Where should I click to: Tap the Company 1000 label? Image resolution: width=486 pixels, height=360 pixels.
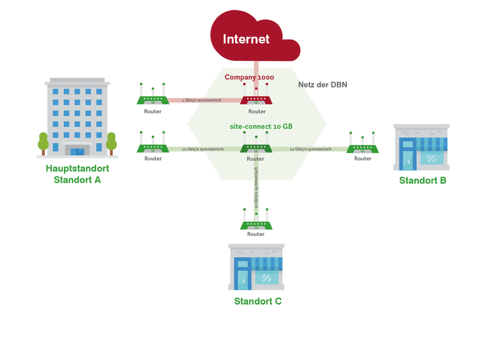pos(249,77)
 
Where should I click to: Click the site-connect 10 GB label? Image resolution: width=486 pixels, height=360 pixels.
pos(261,126)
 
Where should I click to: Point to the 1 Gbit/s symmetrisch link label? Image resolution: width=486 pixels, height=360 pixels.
pos(202,100)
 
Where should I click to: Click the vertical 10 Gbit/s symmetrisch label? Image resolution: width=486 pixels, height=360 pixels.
pos(256,187)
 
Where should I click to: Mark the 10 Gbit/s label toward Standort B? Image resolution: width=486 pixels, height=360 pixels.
pos(310,149)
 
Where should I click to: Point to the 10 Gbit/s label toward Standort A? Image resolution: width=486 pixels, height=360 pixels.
pos(203,149)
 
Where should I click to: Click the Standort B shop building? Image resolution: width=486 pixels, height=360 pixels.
pos(421,148)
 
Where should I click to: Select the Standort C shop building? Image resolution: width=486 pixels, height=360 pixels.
pos(256,267)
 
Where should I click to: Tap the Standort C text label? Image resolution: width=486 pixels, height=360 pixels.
pos(258,301)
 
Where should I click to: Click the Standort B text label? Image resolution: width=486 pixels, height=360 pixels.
pos(423,181)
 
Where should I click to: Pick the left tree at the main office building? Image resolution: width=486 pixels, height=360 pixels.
pos(43,142)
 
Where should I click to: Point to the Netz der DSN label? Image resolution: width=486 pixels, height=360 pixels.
pos(323,85)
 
